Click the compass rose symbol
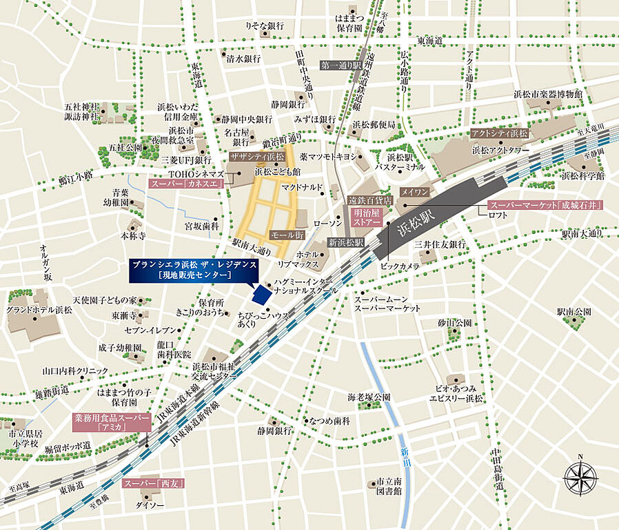(x=580, y=477)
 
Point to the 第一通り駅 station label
(x=342, y=65)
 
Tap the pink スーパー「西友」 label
(x=154, y=483)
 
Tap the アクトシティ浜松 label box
(x=499, y=133)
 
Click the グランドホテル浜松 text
(x=39, y=310)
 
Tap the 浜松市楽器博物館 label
(x=549, y=93)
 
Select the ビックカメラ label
(x=400, y=265)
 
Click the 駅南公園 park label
(x=574, y=312)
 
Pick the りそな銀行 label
(x=265, y=26)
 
